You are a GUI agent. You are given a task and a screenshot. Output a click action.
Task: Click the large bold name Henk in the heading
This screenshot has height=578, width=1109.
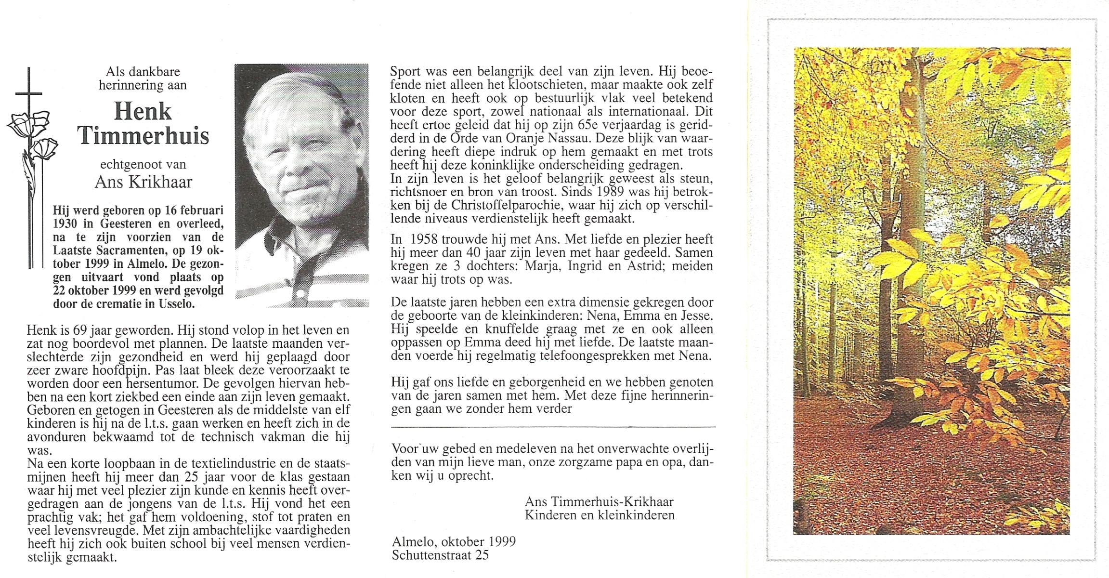click(x=143, y=112)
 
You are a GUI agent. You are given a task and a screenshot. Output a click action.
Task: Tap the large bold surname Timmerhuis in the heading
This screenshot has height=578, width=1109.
click(x=144, y=136)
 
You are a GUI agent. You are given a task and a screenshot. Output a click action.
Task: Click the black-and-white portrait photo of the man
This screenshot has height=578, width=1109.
click(x=301, y=185)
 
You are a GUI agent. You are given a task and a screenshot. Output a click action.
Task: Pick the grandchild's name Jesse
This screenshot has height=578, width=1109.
click(x=694, y=316)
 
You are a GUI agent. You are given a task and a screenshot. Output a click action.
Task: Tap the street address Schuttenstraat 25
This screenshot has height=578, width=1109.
click(x=440, y=555)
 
